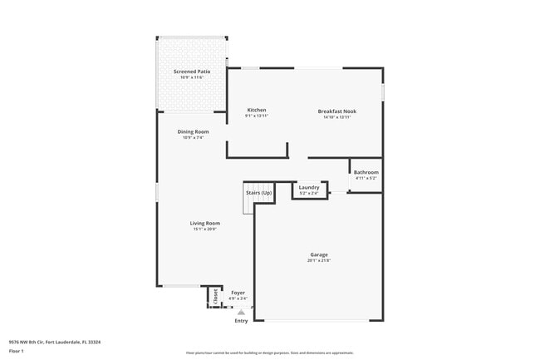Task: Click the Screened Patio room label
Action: point(191,72)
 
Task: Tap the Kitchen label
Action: point(256,111)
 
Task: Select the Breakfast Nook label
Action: point(336,111)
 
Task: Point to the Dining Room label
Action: point(192,131)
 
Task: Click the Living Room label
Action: point(204,223)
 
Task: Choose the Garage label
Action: point(319,254)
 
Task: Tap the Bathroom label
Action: point(366,172)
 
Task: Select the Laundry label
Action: point(309,188)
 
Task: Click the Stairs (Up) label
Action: point(258,193)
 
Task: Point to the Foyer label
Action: point(238,293)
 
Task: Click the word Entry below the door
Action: point(241,320)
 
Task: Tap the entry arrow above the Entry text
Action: point(241,312)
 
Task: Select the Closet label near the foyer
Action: point(215,295)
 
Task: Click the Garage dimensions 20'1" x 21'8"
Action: point(319,261)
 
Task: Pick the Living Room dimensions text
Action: point(204,229)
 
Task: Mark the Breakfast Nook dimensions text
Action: point(336,116)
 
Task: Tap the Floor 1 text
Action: point(17,352)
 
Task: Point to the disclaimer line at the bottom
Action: point(269,353)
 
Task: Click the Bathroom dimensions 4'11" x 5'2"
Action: point(366,178)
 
